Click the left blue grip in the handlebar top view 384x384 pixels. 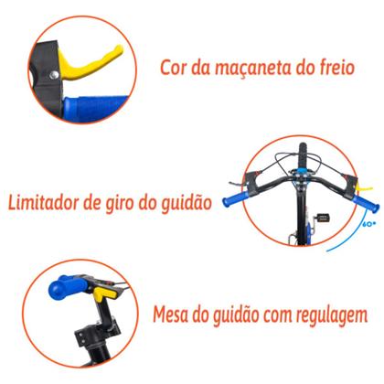(x=274, y=193)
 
